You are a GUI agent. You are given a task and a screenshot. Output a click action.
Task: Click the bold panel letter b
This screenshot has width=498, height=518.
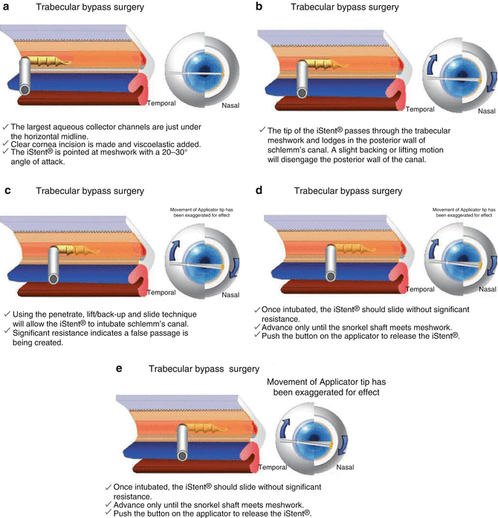(259, 7)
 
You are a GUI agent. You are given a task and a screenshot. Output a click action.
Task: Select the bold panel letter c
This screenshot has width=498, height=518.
(7, 191)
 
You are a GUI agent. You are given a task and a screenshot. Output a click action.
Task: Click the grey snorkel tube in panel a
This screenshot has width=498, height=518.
(30, 77)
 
